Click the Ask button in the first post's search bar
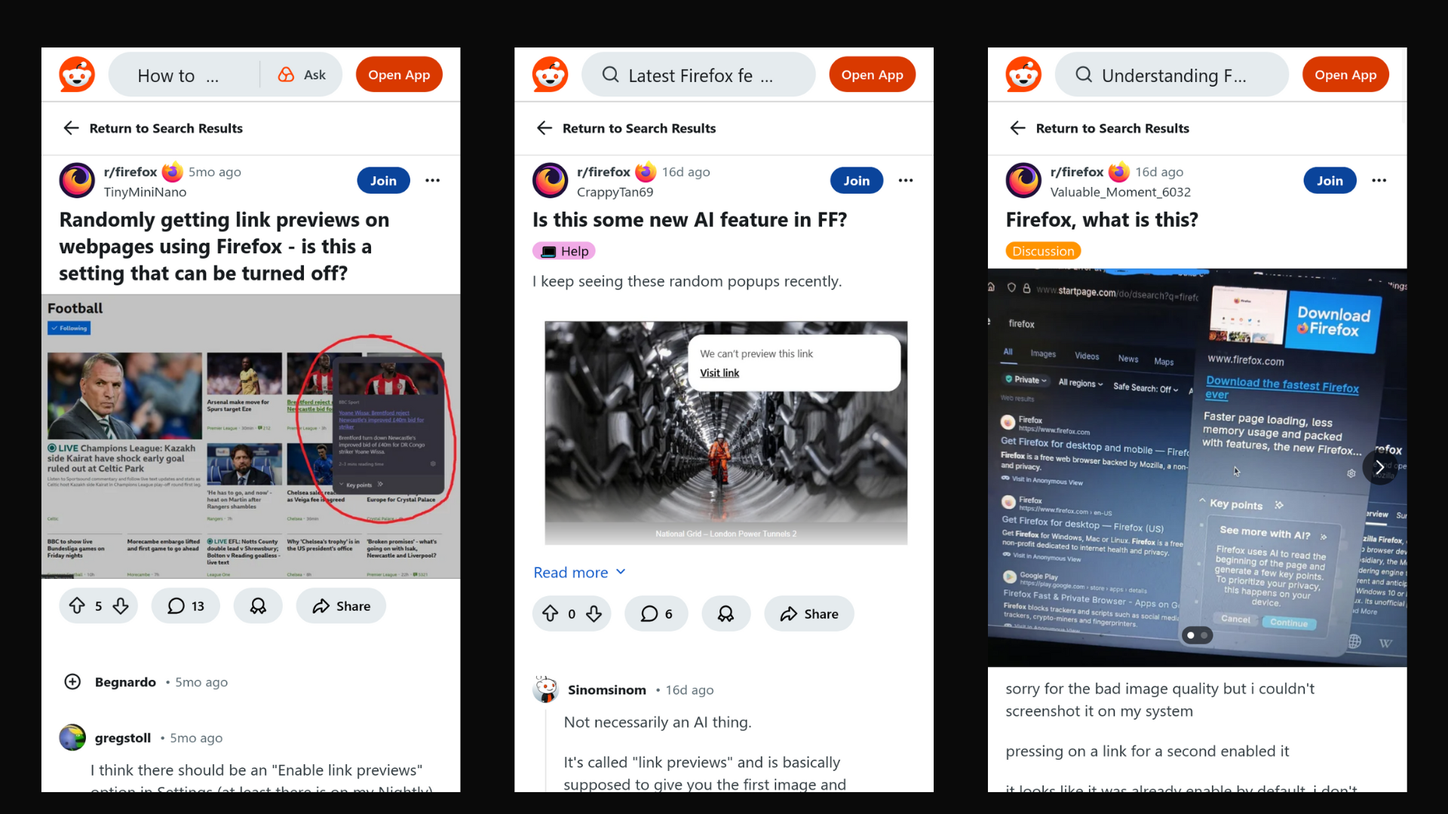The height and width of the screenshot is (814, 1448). [x=302, y=75]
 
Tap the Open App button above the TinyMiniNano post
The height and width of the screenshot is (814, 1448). [x=399, y=75]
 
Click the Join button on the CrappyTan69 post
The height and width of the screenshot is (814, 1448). [x=856, y=181]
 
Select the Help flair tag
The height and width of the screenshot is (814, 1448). [x=564, y=251]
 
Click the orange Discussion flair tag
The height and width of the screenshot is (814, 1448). [x=1042, y=251]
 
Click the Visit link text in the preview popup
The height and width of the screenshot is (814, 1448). [x=719, y=373]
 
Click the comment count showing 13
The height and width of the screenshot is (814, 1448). [x=186, y=606]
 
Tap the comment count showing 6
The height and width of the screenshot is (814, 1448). [x=655, y=614]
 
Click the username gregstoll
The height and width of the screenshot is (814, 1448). [x=122, y=738]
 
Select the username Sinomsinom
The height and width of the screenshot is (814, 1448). [x=606, y=690]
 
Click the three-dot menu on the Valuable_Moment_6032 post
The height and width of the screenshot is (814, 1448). [x=1379, y=181]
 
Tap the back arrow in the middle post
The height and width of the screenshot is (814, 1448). [x=545, y=128]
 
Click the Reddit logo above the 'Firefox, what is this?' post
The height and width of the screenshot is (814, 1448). [x=1023, y=75]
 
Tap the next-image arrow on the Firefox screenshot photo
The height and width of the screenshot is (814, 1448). [x=1379, y=467]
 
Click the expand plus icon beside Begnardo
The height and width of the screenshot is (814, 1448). [x=72, y=682]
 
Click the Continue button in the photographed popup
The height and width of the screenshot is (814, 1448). [x=1288, y=623]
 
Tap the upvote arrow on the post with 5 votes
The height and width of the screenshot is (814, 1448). [x=77, y=606]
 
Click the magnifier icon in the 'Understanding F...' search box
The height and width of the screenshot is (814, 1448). [x=1084, y=75]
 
